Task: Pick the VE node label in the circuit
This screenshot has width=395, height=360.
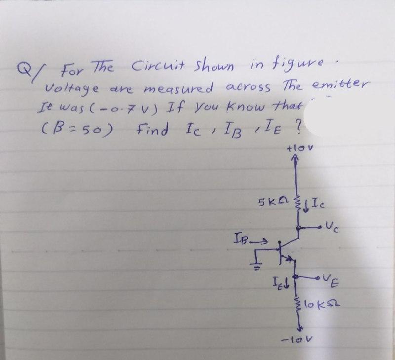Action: point(333,282)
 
